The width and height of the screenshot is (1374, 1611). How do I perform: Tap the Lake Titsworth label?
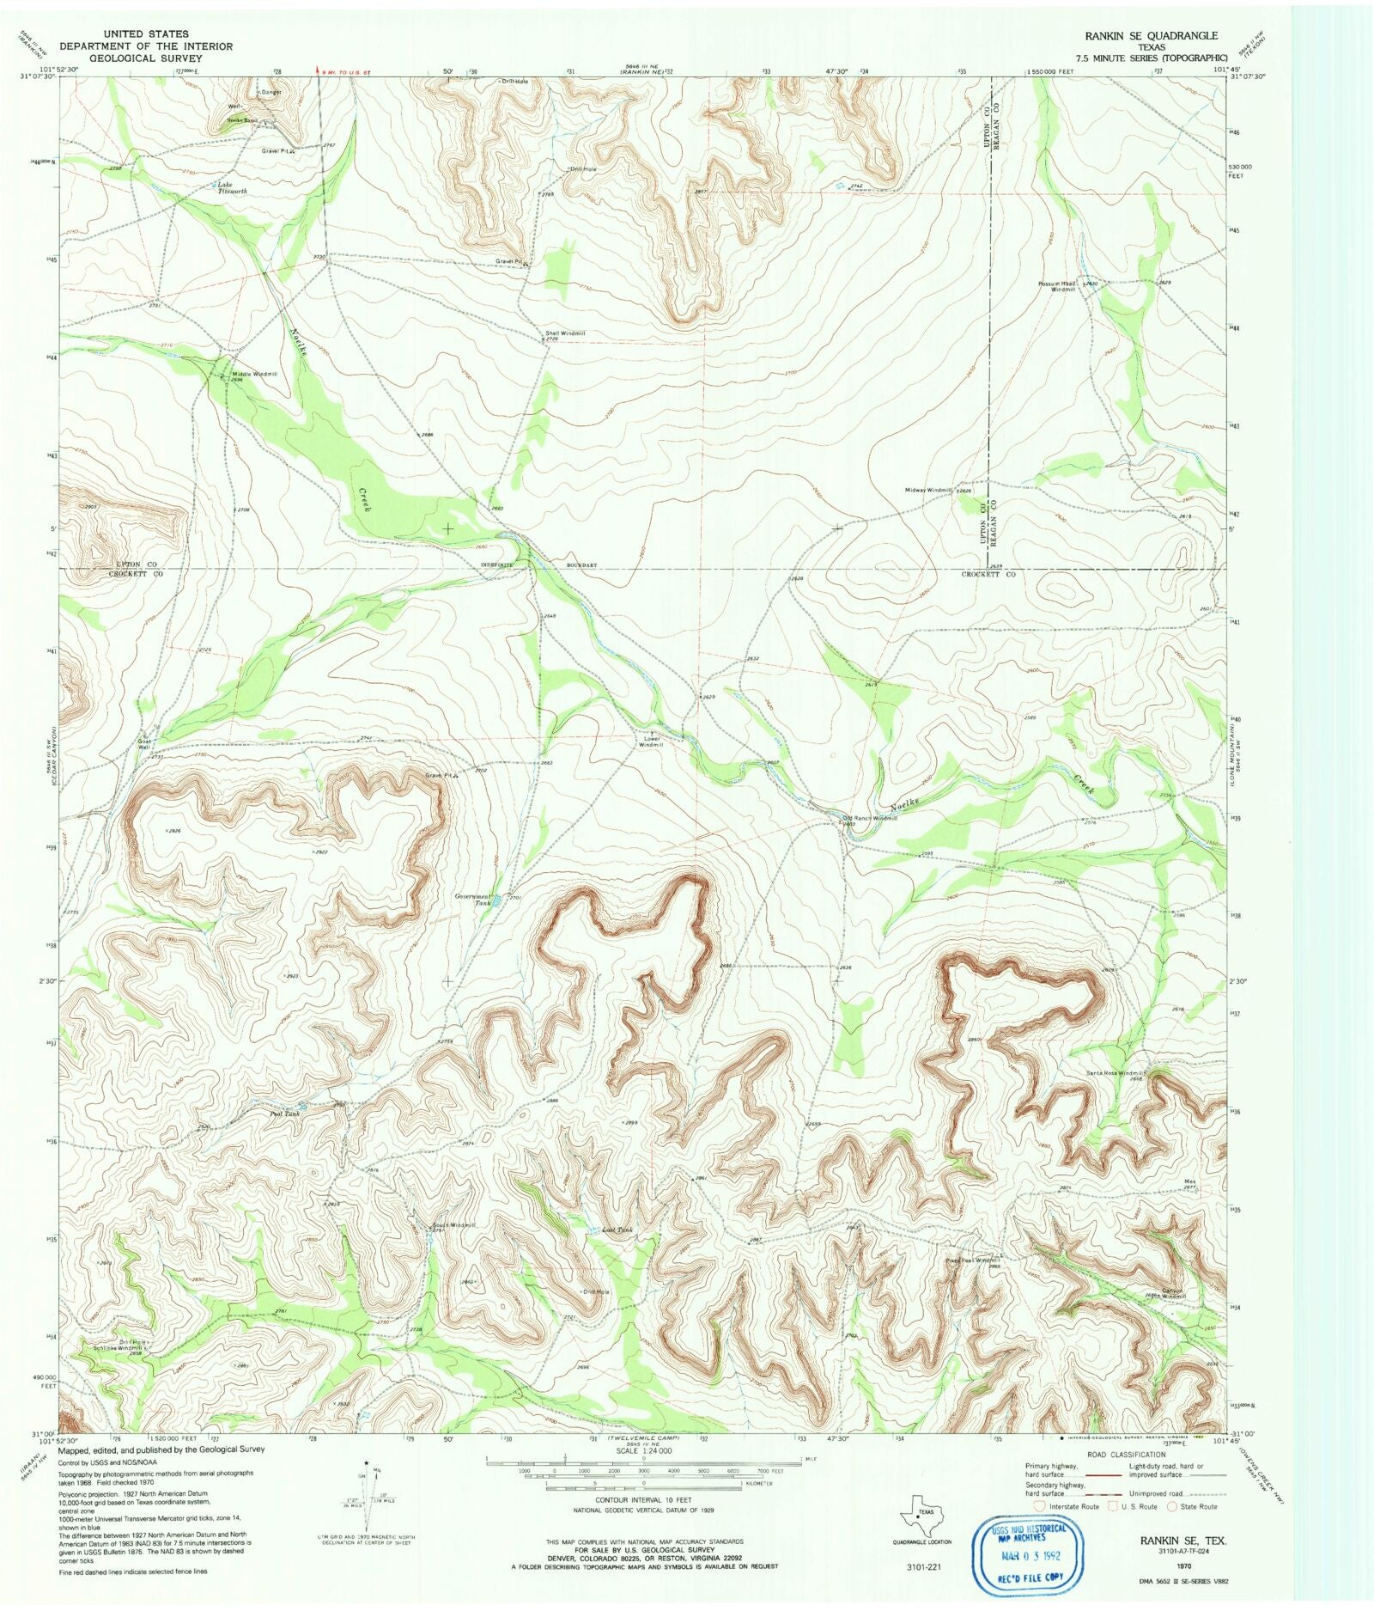(x=231, y=188)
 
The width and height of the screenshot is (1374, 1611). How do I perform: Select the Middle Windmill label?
(x=254, y=375)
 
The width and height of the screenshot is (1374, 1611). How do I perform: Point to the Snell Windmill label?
(x=564, y=333)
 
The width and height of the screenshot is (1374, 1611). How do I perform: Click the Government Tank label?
(x=473, y=900)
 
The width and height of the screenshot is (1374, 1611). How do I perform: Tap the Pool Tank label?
(x=284, y=1114)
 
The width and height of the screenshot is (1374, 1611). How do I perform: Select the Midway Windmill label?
(x=928, y=491)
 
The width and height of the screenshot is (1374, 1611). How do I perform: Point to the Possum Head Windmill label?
(x=1057, y=286)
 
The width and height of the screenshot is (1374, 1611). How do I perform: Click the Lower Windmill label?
(x=650, y=741)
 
